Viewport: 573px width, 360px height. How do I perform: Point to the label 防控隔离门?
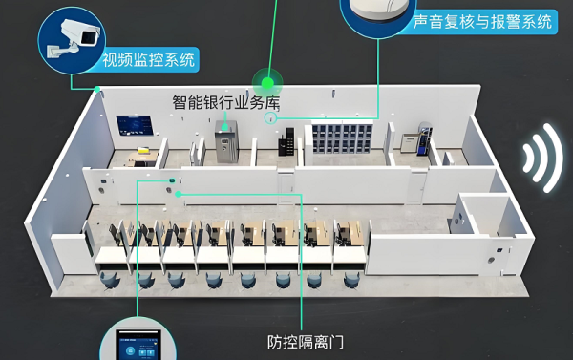pyautogui.click(x=305, y=341)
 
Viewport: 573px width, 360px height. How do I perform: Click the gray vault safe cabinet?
pyautogui.click(x=227, y=143)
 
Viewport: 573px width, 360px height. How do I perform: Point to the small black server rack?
pyautogui.click(x=285, y=146)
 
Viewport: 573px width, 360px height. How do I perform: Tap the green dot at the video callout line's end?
pyautogui.click(x=98, y=88)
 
